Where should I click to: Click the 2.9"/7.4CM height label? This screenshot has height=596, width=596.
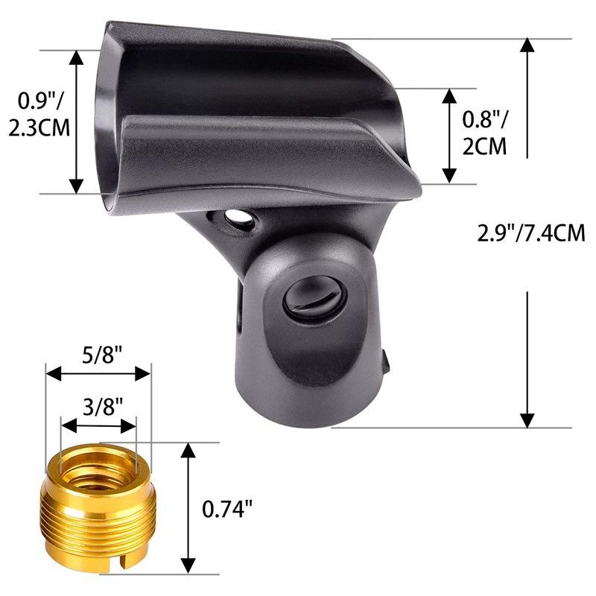coord(530,233)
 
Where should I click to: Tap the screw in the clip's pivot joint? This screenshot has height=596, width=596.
coord(314,297)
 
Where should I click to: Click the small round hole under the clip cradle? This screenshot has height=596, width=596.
coord(238,218)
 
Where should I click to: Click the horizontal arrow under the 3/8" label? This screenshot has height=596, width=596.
coord(99,426)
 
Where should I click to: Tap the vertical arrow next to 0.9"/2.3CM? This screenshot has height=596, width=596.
coord(77,122)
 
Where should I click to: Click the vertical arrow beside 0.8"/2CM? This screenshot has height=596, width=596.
coord(448,136)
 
